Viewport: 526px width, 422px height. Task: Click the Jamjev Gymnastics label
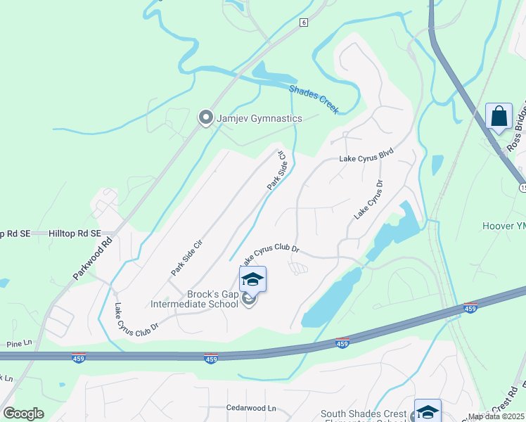point(259,118)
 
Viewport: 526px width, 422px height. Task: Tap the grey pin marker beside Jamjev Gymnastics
point(205,118)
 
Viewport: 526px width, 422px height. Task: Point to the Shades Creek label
point(314,99)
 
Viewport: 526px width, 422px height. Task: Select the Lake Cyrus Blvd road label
point(365,156)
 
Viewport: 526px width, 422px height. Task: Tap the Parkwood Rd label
point(92,258)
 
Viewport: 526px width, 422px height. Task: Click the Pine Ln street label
point(20,344)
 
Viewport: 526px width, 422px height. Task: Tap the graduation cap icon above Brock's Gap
point(253,280)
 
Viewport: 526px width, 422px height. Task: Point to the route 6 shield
point(303,23)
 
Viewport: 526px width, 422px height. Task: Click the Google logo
point(23,414)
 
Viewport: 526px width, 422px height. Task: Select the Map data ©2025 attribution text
point(496,416)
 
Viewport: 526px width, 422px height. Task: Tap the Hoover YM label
point(503,226)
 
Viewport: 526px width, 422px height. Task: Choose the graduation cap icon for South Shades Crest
point(427,411)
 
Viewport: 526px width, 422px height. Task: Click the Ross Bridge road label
point(516,133)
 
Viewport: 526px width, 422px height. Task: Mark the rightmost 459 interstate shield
point(470,308)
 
